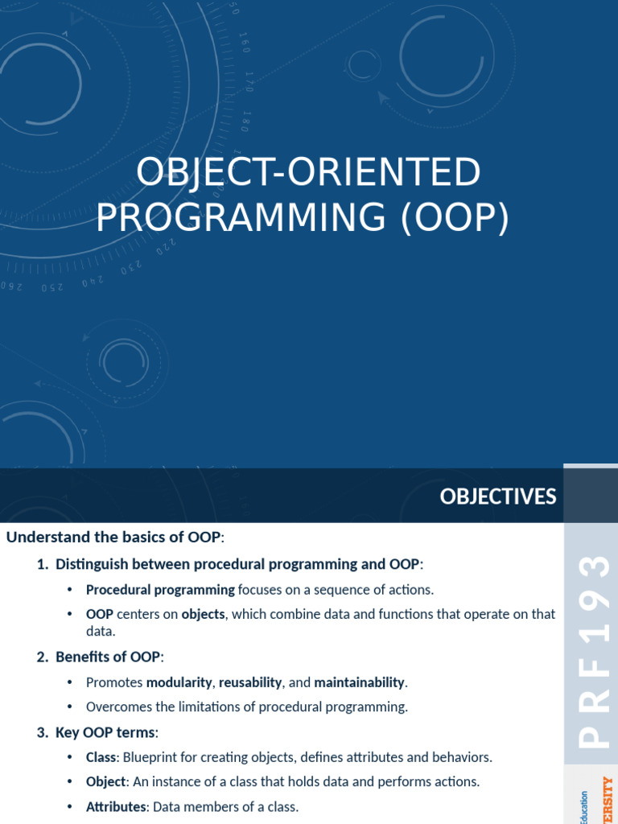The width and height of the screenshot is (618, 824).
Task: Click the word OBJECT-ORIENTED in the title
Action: pos(308,172)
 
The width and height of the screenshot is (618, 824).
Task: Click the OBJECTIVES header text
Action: pos(497,497)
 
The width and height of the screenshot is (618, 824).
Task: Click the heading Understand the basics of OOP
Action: pos(115,537)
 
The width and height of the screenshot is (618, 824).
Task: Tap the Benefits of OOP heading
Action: pos(109,657)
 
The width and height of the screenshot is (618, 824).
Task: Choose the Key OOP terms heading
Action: pos(107,732)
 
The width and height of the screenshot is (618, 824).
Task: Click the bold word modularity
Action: pos(180,682)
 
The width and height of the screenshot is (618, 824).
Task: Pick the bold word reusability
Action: pos(250,682)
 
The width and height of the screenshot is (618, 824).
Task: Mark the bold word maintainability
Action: pos(359,682)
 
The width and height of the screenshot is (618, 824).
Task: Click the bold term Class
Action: pos(101,757)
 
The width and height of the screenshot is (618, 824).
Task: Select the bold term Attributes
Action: pos(117,806)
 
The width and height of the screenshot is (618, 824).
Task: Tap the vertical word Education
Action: pos(583,806)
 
